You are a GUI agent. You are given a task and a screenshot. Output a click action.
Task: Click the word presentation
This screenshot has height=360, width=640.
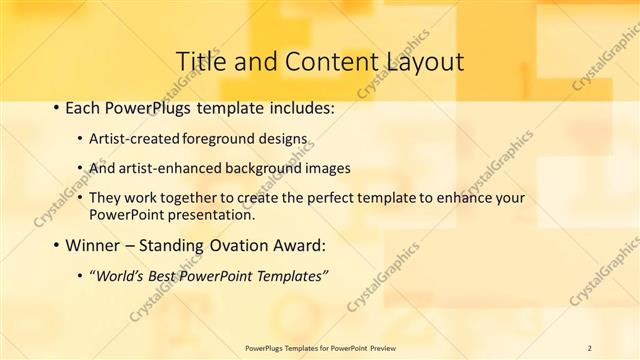pyautogui.click(x=213, y=214)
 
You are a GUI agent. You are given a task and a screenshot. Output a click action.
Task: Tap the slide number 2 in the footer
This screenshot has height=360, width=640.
pyautogui.click(x=590, y=347)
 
